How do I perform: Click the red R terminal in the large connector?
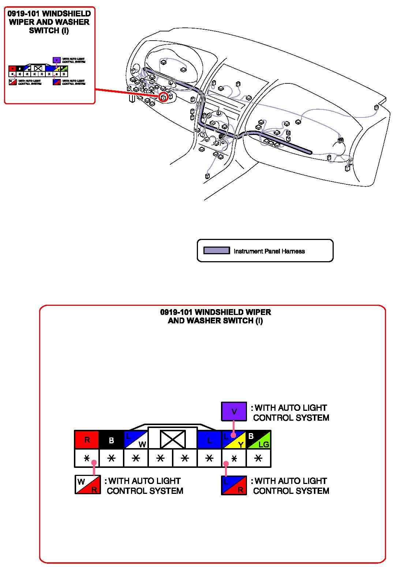87,439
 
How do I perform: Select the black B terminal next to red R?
112,440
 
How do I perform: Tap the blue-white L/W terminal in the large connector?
136,440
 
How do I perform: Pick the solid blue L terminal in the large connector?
209,440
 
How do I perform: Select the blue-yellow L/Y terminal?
234,440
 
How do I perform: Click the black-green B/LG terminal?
259,440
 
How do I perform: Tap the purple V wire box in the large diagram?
234,412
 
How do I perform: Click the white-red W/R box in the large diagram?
88,485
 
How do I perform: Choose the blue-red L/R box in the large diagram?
234,485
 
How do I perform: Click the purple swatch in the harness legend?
217,251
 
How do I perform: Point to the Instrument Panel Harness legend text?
269,251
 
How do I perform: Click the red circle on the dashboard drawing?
164,97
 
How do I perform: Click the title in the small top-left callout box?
49,22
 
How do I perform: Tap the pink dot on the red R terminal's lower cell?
94,463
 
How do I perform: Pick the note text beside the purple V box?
291,413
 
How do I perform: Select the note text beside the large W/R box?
145,486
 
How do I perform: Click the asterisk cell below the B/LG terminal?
259,458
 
